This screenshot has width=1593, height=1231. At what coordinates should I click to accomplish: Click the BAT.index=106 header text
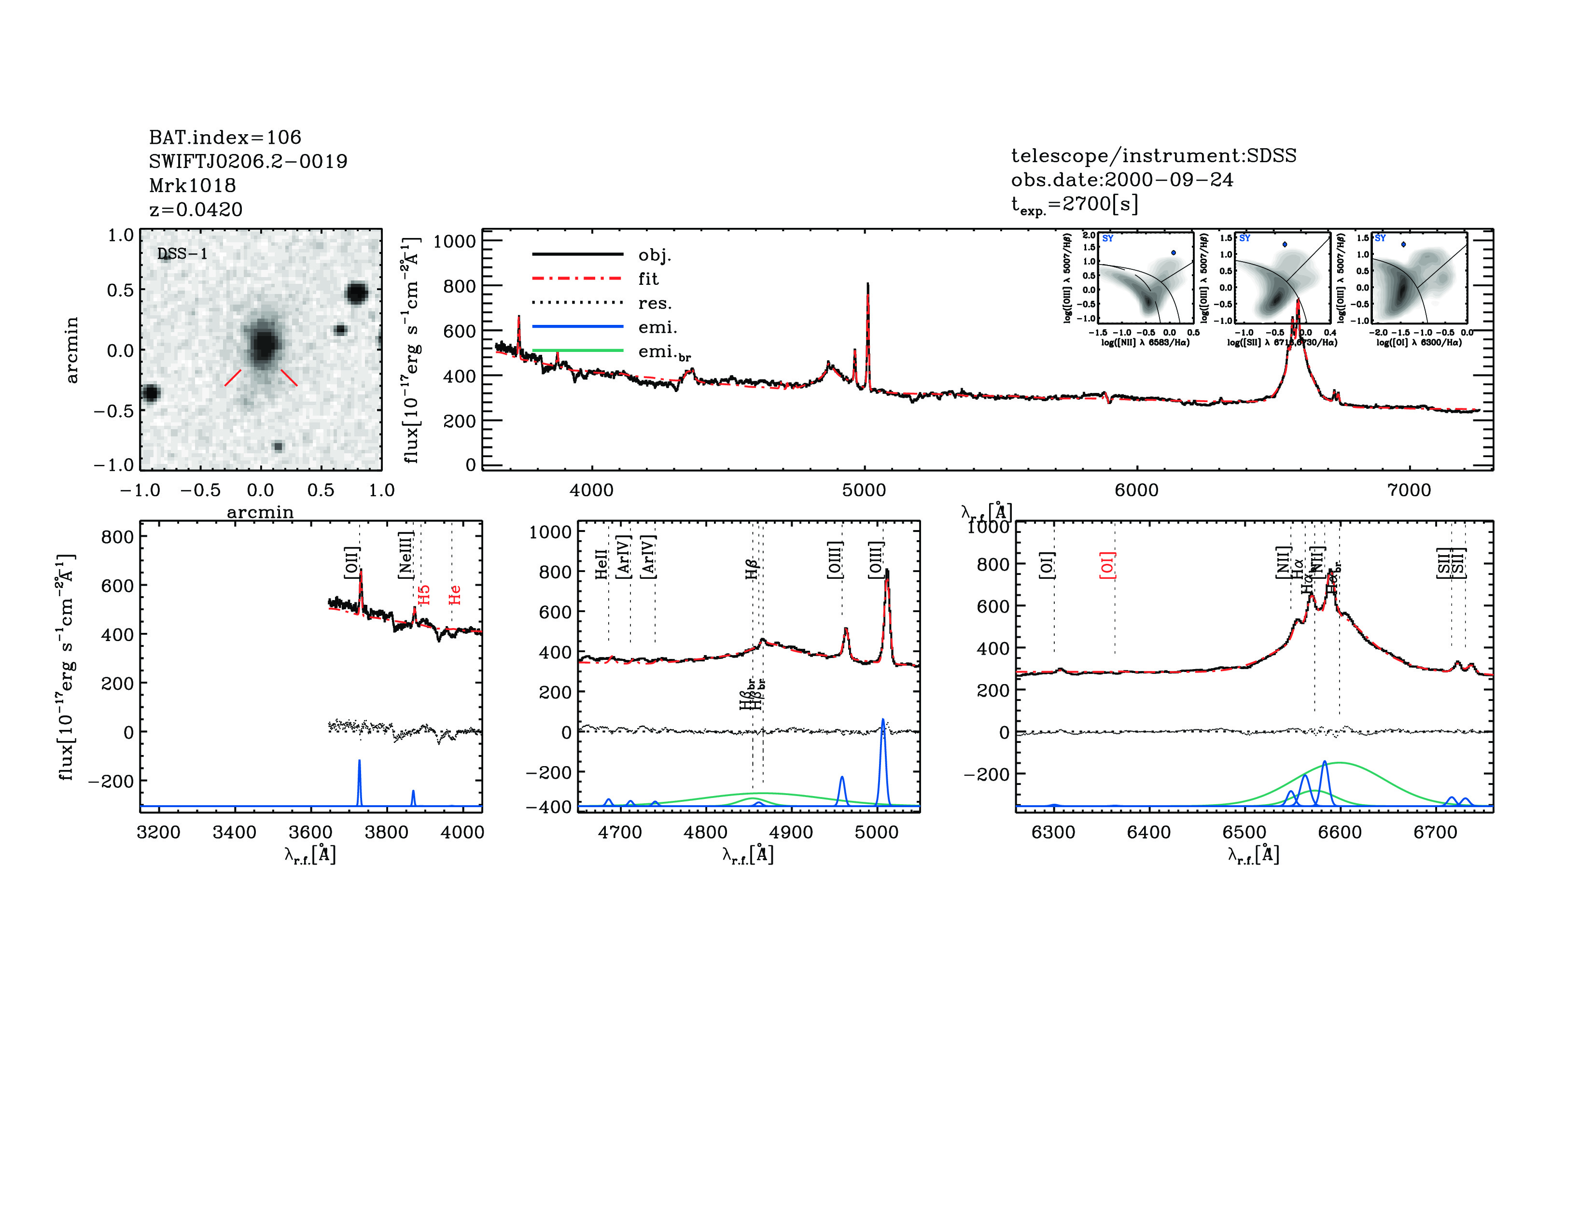[224, 137]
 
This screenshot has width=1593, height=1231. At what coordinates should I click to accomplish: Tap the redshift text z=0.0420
[196, 210]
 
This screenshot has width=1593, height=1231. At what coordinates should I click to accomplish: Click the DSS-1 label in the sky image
[182, 254]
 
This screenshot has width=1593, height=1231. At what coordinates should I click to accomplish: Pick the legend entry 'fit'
[648, 279]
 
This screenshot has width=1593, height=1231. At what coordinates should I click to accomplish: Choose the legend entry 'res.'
[654, 303]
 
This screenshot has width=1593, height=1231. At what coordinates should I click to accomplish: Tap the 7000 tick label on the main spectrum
[1409, 490]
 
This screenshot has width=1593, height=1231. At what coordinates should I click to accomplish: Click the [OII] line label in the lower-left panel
[351, 562]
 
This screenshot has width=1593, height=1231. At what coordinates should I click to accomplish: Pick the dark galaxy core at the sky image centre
[263, 343]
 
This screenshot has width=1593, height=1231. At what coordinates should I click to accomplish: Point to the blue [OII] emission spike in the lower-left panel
[359, 763]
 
